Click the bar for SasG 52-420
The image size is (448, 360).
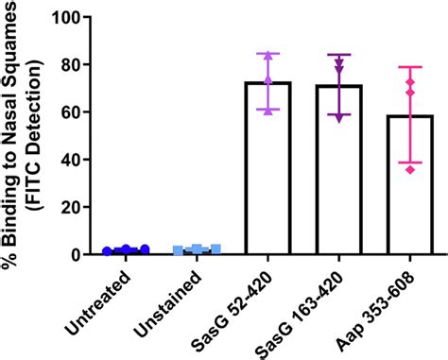coord(267,170)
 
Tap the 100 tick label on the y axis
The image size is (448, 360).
coord(66,17)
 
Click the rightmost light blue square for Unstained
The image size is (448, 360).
coord(215,249)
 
